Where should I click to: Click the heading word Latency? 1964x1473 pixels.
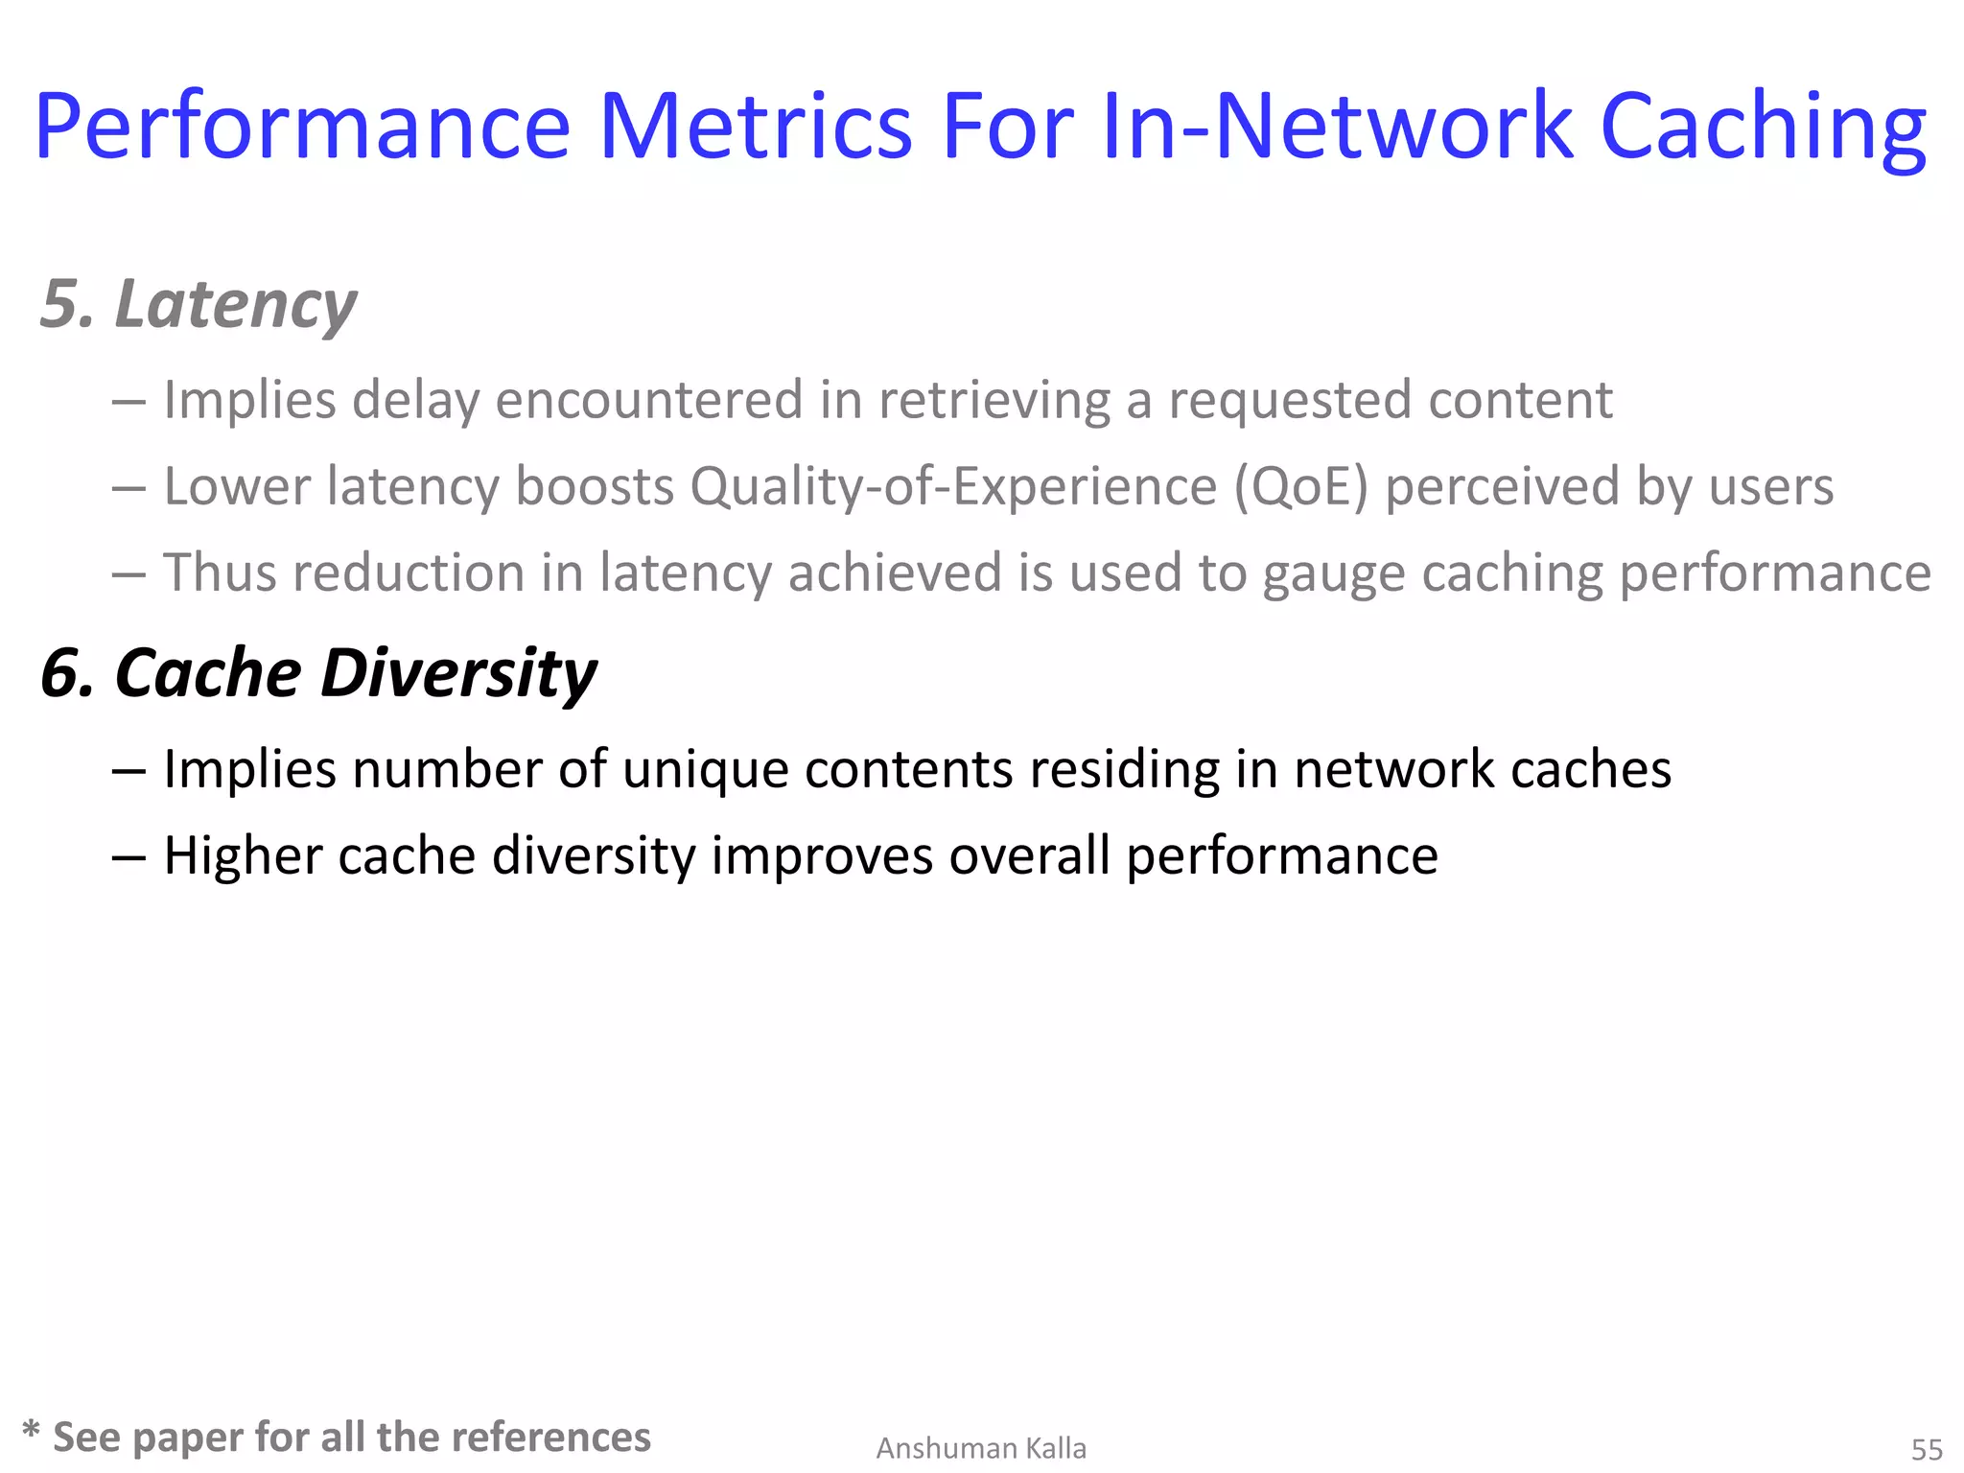click(235, 305)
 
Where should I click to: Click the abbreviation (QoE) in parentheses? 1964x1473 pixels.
click(1300, 486)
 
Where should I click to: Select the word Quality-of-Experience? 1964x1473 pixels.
click(953, 486)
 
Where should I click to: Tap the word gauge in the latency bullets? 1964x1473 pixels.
click(1333, 573)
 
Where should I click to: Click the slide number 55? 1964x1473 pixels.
click(1927, 1449)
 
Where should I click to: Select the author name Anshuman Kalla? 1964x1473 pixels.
click(981, 1448)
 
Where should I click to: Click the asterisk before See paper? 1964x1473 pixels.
click(32, 1431)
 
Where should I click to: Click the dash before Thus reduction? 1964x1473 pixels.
click(129, 574)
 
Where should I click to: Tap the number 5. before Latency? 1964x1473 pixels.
click(67, 305)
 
